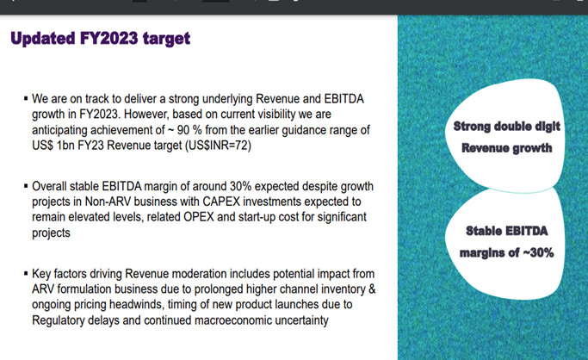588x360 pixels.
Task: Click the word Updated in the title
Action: pyautogui.click(x=43, y=39)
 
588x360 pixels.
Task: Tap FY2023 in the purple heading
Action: pyautogui.click(x=108, y=38)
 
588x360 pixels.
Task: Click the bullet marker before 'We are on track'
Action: pyautogui.click(x=26, y=99)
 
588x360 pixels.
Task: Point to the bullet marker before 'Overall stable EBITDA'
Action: pyautogui.click(x=26, y=186)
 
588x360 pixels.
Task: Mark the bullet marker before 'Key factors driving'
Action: pyautogui.click(x=26, y=273)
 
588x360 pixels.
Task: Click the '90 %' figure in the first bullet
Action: pyautogui.click(x=189, y=130)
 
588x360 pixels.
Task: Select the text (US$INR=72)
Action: pyautogui.click(x=218, y=146)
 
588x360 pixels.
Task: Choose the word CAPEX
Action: pyautogui.click(x=221, y=202)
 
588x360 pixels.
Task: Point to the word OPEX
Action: pyautogui.click(x=199, y=217)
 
